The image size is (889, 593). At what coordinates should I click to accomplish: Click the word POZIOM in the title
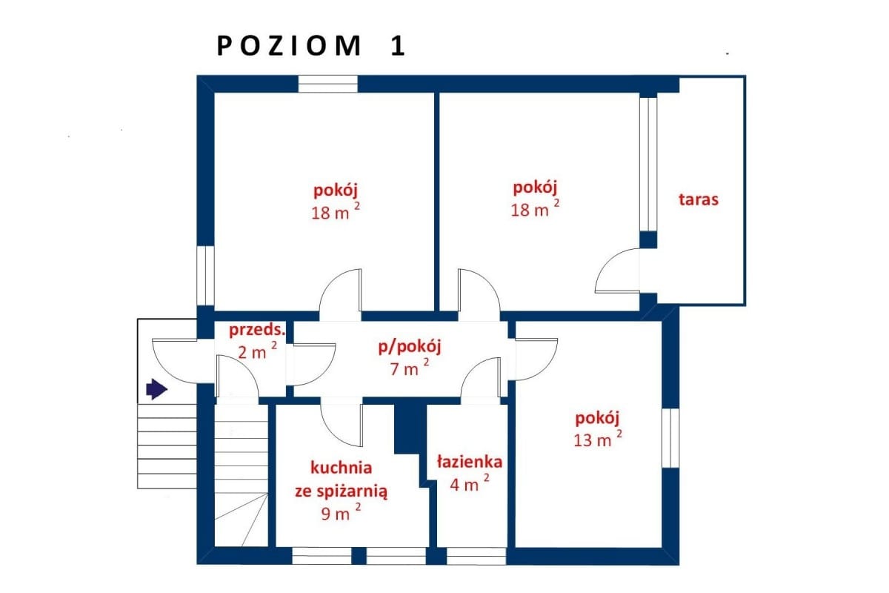289,46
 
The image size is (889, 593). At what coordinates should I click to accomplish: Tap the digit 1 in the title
397,46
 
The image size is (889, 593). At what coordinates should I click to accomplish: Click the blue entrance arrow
156,388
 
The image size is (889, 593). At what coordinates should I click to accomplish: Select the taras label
698,199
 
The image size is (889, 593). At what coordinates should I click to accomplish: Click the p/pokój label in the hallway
410,345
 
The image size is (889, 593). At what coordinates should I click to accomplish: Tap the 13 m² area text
597,440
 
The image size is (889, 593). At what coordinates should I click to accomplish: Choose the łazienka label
469,463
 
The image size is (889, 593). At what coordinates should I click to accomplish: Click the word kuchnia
341,468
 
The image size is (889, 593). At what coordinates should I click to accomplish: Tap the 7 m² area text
410,368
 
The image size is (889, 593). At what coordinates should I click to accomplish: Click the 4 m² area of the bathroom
469,485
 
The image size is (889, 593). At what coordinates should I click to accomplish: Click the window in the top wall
327,83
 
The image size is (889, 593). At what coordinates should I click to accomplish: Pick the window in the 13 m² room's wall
670,437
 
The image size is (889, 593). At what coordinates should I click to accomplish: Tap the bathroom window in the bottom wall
476,556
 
